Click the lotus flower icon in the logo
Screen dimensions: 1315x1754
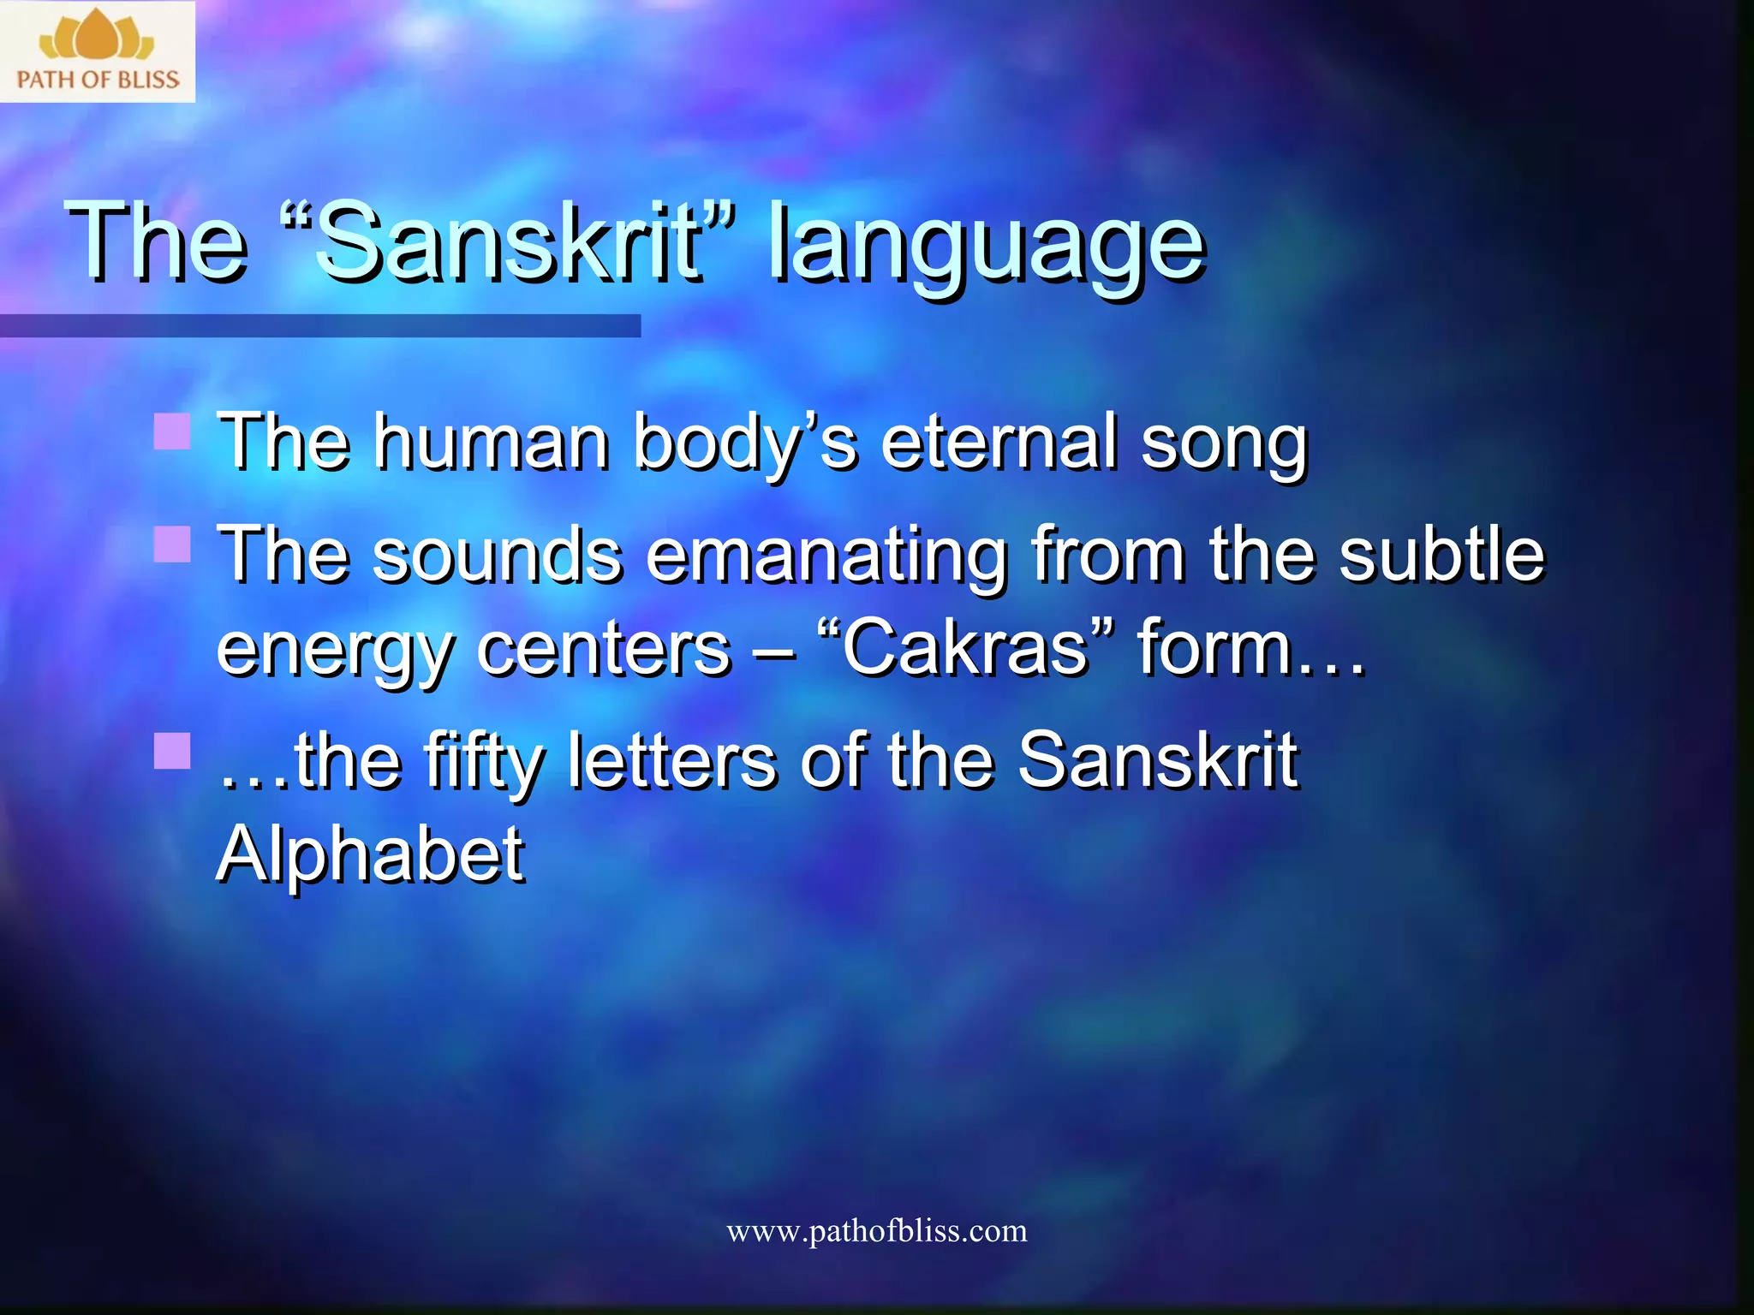tap(97, 36)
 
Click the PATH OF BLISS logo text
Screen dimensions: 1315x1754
tap(98, 80)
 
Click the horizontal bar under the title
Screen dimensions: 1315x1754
tap(319, 325)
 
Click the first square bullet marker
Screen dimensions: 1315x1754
tap(171, 431)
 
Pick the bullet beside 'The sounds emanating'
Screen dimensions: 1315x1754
tap(171, 544)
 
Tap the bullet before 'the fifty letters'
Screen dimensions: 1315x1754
tap(171, 751)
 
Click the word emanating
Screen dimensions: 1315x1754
tap(826, 556)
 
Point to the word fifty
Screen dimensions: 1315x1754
tap(483, 762)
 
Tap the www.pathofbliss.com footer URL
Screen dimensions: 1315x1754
tap(876, 1231)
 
